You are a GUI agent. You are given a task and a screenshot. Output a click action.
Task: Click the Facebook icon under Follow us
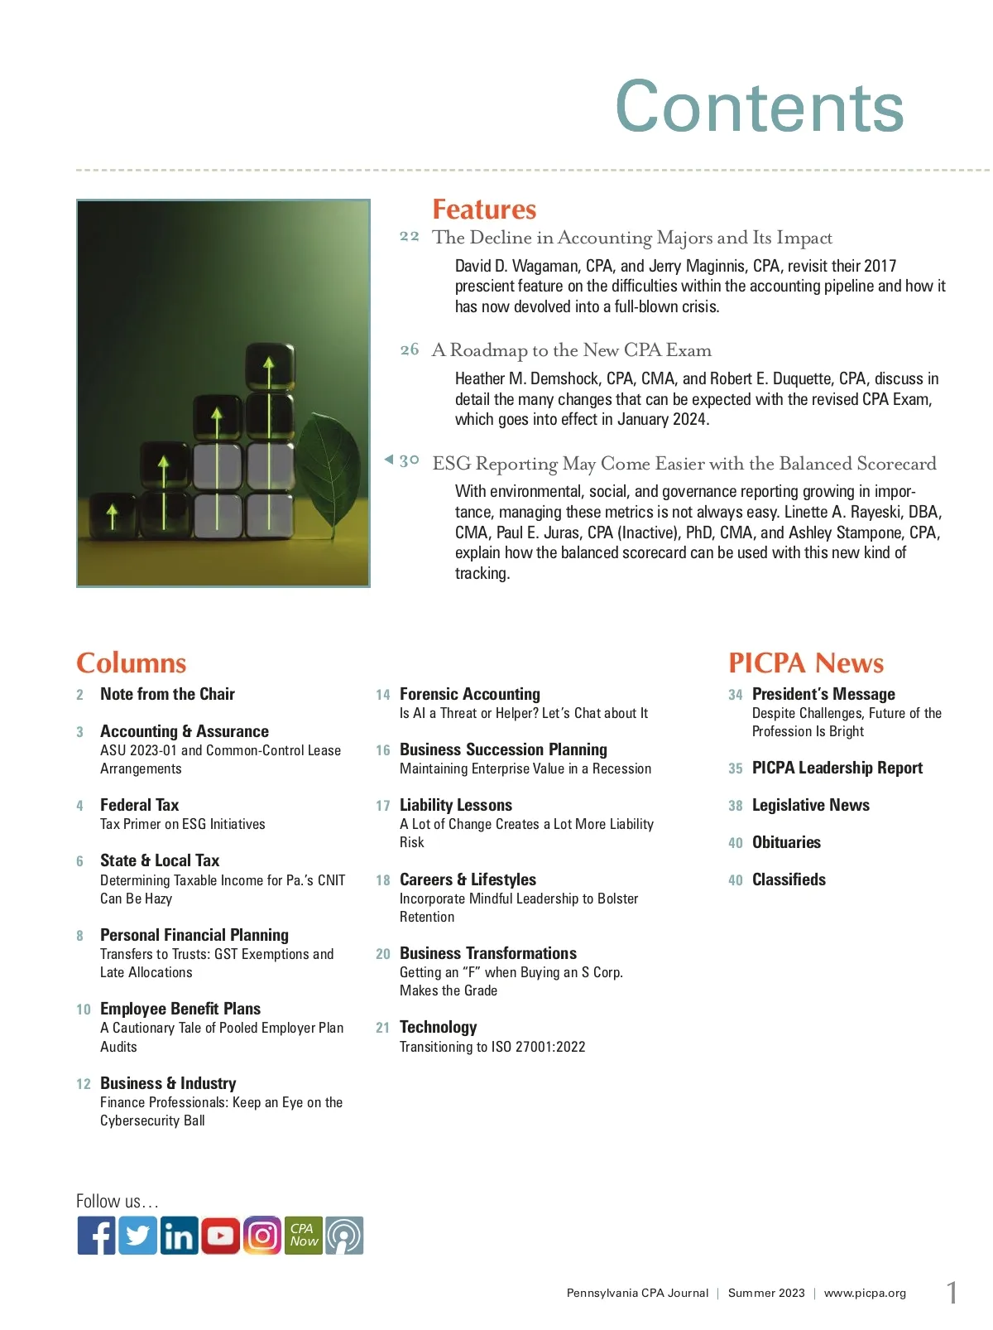pyautogui.click(x=96, y=1236)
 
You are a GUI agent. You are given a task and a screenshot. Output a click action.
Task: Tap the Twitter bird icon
pyautogui.click(x=137, y=1236)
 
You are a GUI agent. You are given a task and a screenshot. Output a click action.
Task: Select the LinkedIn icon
pyautogui.click(x=179, y=1236)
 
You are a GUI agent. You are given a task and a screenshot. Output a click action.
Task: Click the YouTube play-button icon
pyautogui.click(x=220, y=1236)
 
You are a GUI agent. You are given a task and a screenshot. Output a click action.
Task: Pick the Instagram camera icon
pyautogui.click(x=262, y=1236)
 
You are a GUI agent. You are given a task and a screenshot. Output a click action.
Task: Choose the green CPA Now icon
pyautogui.click(x=303, y=1236)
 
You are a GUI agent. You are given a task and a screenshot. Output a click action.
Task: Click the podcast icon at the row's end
pyautogui.click(x=344, y=1236)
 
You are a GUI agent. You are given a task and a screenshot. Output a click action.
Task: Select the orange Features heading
pyautogui.click(x=484, y=209)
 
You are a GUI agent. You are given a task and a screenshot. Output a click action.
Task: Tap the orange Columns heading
pyautogui.click(x=131, y=663)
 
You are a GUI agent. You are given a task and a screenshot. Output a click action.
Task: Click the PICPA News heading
pyautogui.click(x=806, y=663)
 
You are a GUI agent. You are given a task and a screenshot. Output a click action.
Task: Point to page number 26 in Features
pyautogui.click(x=410, y=349)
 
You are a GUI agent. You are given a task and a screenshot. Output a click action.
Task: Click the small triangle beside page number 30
pyautogui.click(x=388, y=460)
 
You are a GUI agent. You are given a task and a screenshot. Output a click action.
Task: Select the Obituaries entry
pyautogui.click(x=786, y=842)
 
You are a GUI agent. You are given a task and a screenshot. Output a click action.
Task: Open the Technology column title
pyautogui.click(x=438, y=1027)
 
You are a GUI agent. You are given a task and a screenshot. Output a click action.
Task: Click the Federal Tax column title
pyautogui.click(x=139, y=805)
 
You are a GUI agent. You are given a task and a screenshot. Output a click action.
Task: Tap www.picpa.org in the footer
pyautogui.click(x=865, y=1293)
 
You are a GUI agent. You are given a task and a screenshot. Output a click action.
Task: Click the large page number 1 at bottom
pyautogui.click(x=952, y=1292)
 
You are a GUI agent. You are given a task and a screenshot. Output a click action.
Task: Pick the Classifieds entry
pyautogui.click(x=789, y=879)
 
